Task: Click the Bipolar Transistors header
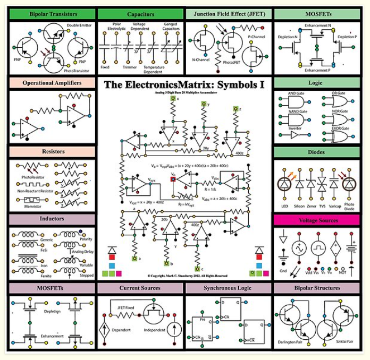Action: tap(53, 14)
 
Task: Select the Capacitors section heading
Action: tap(141, 14)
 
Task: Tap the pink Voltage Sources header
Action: tap(317, 220)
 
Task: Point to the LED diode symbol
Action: tap(285, 184)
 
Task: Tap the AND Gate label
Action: tap(296, 94)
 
